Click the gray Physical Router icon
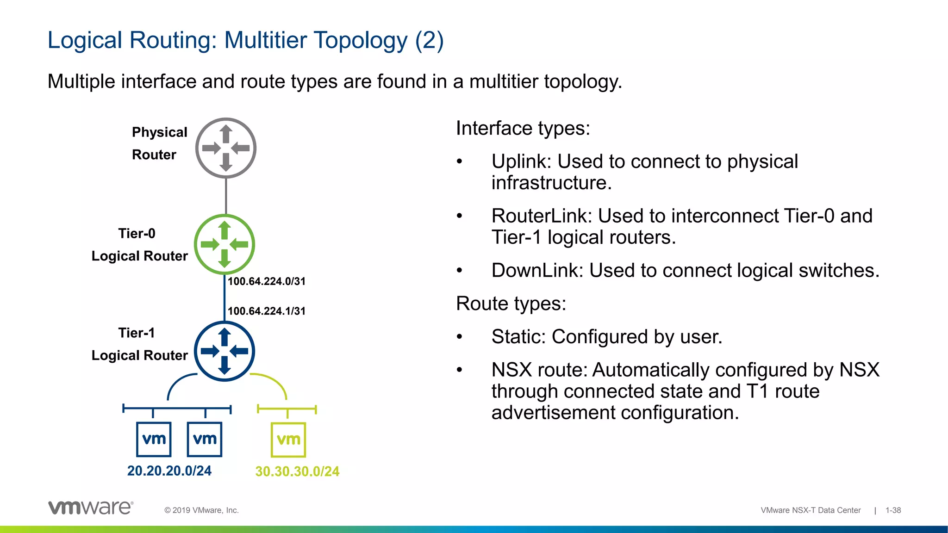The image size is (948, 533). point(226,148)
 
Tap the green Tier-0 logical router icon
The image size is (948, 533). point(225,244)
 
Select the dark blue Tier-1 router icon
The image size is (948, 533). point(225,351)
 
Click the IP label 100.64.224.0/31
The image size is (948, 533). point(267,281)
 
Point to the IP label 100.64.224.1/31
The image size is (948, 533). point(267,311)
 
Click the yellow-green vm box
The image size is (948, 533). point(288,440)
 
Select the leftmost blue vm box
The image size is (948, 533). point(154,439)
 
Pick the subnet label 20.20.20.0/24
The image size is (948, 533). point(169,471)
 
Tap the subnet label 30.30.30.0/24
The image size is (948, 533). point(297,471)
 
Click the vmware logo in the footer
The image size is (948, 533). point(91,508)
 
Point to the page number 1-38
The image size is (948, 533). point(893,510)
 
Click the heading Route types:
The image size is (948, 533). point(511,304)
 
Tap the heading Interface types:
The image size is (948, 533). point(523,129)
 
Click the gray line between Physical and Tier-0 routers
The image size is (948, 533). point(226,196)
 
